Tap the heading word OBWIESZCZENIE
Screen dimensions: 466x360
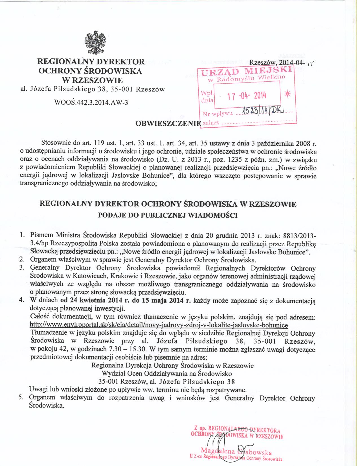168,124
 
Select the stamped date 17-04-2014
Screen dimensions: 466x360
247,96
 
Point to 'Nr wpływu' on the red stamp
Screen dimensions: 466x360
218,114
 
